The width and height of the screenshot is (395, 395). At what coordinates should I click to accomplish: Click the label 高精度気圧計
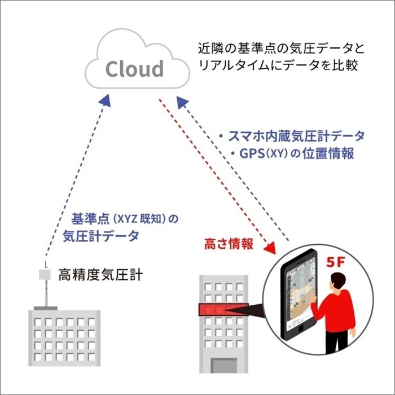(101, 276)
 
